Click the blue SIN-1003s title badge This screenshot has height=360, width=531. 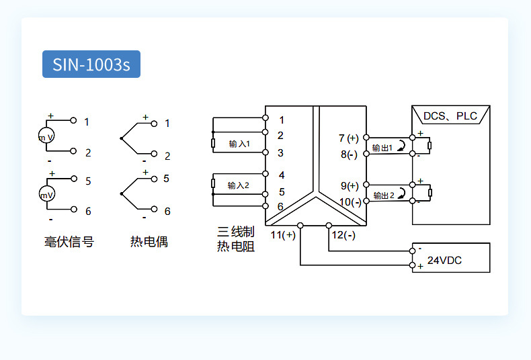click(91, 64)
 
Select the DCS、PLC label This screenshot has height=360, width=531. click(450, 116)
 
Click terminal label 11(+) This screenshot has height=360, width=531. click(283, 235)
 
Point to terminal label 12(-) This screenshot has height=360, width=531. click(343, 235)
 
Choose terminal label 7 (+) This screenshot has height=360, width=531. click(349, 138)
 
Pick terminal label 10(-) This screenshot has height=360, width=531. click(350, 201)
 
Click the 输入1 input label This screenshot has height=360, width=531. click(239, 144)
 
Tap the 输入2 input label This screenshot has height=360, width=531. click(238, 185)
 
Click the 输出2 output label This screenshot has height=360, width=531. click(382, 195)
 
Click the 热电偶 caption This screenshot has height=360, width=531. click(149, 242)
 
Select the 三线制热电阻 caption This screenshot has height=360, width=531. click(235, 239)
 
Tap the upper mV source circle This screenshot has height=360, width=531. click(46, 137)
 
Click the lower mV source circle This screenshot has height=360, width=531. click(46, 195)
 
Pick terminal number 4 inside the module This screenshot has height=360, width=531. click(282, 175)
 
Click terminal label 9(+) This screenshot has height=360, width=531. click(349, 185)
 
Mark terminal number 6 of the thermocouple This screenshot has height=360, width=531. click(167, 211)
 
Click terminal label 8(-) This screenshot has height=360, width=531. click(349, 154)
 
